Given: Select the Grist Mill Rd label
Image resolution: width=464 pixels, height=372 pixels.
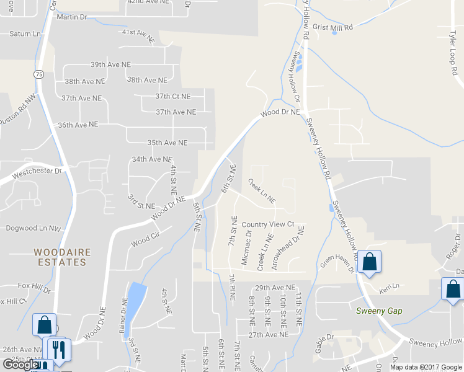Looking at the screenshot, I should pos(332,28).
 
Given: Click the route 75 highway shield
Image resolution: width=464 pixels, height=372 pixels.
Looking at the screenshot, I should pos(39,74).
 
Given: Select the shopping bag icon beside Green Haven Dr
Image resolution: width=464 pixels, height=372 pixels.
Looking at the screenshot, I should pos(370,262).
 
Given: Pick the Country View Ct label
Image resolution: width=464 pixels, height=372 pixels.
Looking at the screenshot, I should pos(267,224).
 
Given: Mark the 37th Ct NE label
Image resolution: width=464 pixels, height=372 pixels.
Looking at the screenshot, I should pos(173,96).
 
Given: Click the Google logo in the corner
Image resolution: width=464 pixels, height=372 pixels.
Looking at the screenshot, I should pos(20,365).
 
